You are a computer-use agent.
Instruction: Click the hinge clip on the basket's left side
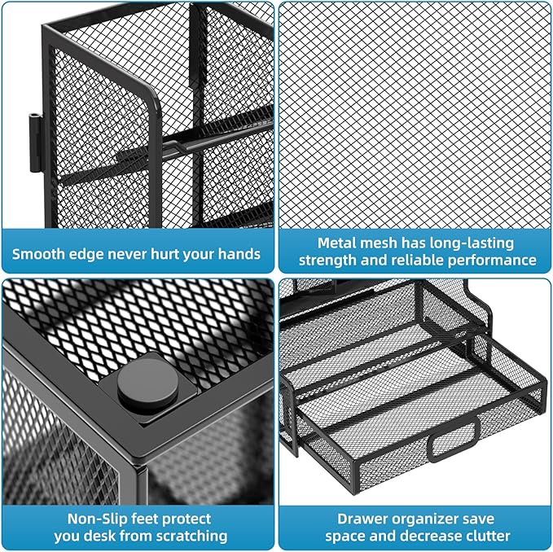tap(36, 142)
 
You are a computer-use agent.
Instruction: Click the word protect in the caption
tap(184, 518)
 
